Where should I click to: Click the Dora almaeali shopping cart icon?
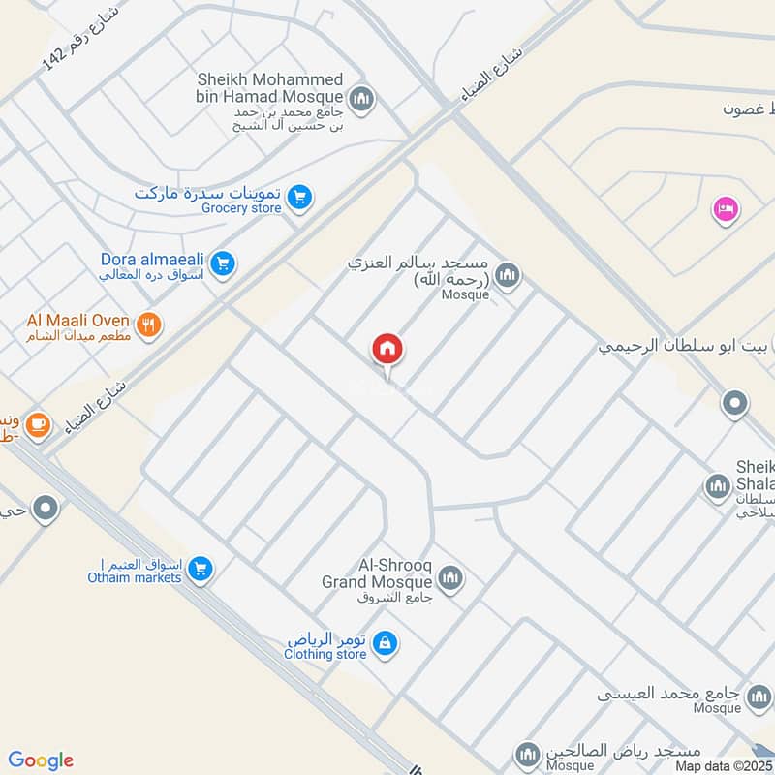tap(223, 263)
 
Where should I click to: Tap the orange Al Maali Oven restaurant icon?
tap(148, 325)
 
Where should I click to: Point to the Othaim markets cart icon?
tap(200, 570)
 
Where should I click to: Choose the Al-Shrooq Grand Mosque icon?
tap(449, 580)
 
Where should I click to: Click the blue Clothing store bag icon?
tap(386, 643)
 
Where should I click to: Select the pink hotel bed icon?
tap(725, 208)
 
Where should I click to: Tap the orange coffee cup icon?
tap(38, 425)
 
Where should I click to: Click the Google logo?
tap(40, 760)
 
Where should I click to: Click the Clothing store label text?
tap(325, 655)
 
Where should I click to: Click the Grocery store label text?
tap(241, 208)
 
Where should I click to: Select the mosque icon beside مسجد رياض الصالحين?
tap(527, 754)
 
